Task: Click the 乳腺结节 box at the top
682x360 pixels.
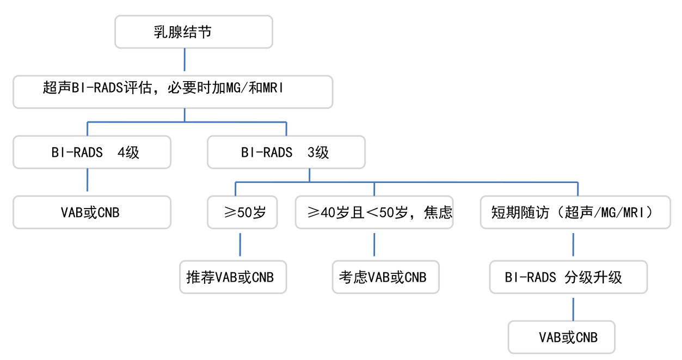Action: coord(193,32)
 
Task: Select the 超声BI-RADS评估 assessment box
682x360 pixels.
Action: coord(173,92)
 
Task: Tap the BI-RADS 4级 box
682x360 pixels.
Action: coord(92,152)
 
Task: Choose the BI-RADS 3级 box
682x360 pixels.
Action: coord(286,152)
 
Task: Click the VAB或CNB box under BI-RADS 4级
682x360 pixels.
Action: coord(92,212)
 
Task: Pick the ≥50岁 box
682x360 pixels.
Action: coord(243,212)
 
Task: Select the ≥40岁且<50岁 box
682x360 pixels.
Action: coord(374,212)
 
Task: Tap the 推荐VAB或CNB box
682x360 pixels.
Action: coord(232,277)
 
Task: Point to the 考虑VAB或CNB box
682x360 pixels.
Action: coord(386,277)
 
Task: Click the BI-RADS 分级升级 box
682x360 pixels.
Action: coord(568,277)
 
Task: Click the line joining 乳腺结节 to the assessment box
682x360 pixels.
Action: coord(185,62)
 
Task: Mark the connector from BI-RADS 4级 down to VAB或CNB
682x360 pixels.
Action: coord(88,182)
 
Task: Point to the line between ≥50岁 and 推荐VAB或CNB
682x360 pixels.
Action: coord(240,245)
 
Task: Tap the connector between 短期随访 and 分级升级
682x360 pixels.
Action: coord(573,245)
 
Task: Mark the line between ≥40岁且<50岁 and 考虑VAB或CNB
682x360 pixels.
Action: coord(374,245)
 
